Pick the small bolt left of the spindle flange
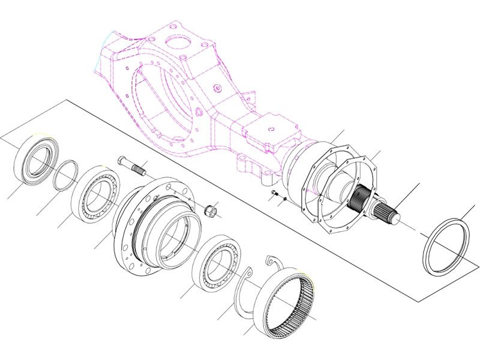click(x=273, y=193)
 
